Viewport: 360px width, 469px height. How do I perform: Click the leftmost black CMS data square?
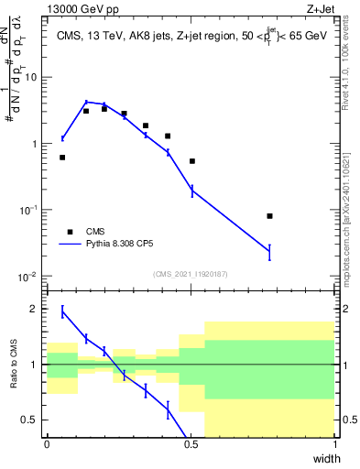pos(62,158)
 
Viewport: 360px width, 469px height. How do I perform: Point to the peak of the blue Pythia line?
pos(86,103)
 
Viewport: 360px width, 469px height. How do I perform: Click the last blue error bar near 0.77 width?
pos(269,251)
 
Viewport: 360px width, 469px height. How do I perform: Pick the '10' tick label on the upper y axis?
pos(33,78)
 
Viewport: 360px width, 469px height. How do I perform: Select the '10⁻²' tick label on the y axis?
pos(30,277)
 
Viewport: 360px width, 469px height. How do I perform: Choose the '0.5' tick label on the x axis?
pos(191,444)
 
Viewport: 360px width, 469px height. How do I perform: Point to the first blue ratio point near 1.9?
pos(62,312)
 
